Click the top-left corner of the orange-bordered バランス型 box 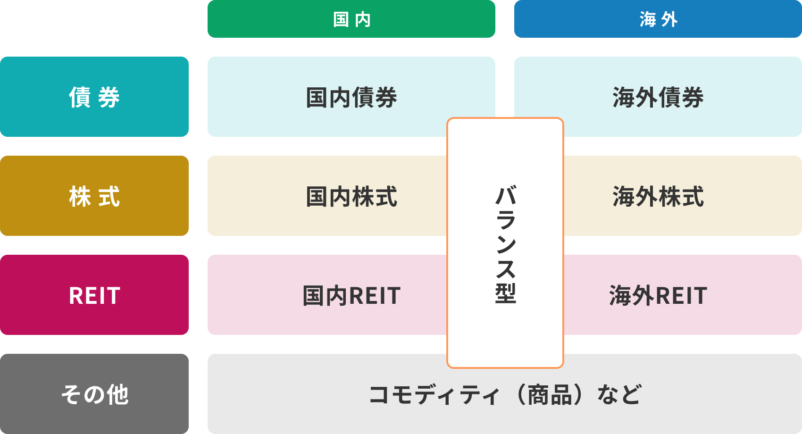447,118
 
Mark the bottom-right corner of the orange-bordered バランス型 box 564,368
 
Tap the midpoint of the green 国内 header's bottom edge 351,37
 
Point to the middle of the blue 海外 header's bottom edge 658,37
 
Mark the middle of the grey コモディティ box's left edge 208,394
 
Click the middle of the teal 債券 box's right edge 188,97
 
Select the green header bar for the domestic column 351,18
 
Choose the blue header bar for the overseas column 658,18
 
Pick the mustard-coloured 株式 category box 94,195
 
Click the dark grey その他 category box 94,394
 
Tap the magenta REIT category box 94,295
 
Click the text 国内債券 351,97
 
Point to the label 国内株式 351,197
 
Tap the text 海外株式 658,197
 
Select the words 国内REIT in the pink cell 351,296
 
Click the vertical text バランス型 506,244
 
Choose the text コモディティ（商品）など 505,395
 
